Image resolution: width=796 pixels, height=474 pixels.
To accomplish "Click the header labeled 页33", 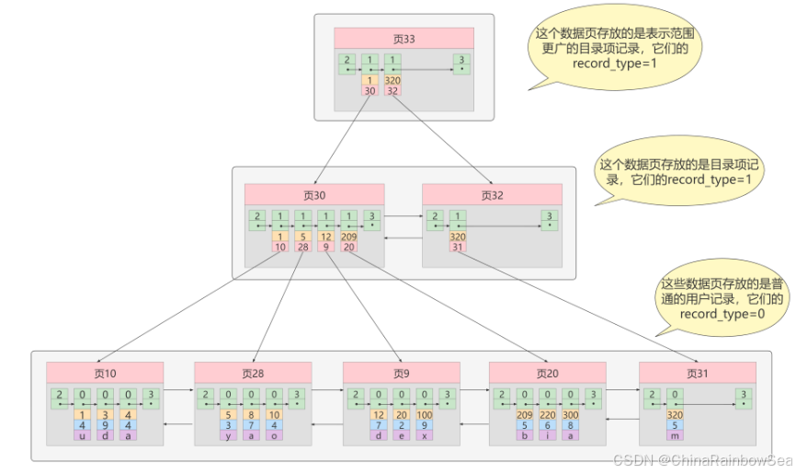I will click(x=403, y=38).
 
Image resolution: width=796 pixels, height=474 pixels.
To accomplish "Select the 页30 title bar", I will click(x=313, y=194).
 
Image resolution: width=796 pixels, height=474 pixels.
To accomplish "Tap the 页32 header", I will click(x=492, y=194).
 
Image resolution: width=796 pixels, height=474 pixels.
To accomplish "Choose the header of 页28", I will click(x=253, y=373).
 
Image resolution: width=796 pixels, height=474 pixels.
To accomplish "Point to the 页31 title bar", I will click(x=698, y=373).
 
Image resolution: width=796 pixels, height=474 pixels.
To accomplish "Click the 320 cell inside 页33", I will click(x=393, y=80).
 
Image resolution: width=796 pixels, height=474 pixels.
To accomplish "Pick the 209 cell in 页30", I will click(x=348, y=237).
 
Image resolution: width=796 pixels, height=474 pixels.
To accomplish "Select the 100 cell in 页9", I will click(x=425, y=415).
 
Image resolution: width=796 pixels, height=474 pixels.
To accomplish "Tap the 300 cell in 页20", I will click(x=571, y=415).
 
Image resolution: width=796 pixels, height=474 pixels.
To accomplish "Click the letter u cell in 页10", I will click(x=83, y=435).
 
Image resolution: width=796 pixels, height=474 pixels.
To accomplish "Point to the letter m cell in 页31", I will click(x=675, y=435).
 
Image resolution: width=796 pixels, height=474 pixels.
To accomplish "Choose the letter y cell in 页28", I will click(x=230, y=435).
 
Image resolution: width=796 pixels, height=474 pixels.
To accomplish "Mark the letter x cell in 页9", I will click(x=425, y=435).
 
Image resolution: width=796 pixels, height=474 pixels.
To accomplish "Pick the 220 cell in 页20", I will click(x=548, y=415).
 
